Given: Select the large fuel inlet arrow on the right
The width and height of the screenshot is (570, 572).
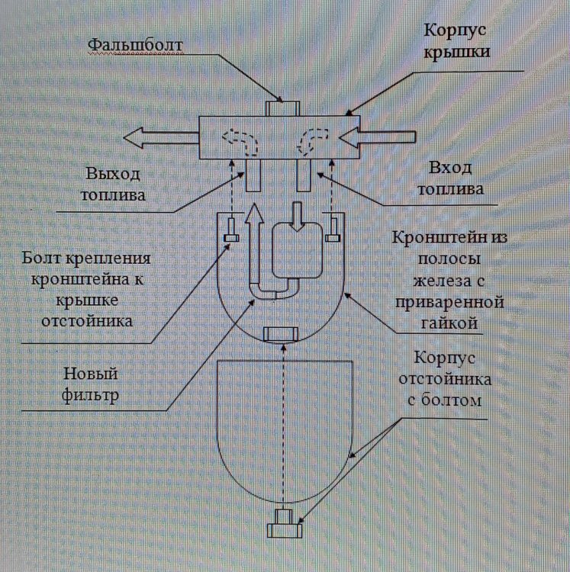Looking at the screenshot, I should (378, 138).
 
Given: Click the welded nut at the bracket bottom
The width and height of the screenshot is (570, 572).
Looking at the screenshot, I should (279, 334).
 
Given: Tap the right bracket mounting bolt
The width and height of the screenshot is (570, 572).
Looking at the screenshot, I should (332, 236).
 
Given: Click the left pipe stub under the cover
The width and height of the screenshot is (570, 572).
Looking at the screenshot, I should (254, 176).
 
